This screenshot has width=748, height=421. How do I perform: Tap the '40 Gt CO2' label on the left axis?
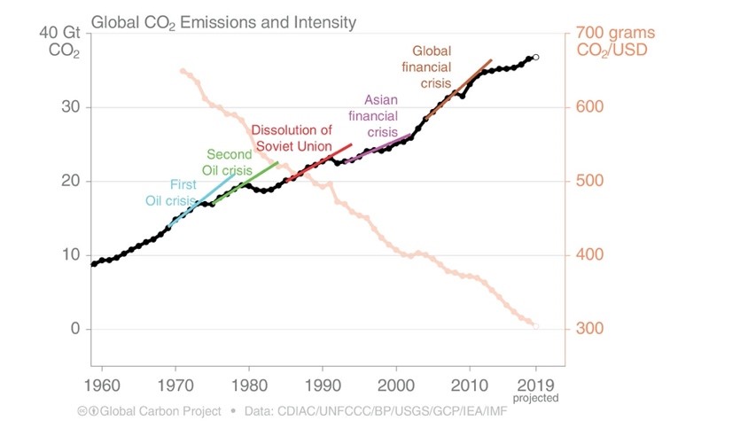[x=59, y=42]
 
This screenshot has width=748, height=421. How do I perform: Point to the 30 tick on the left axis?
[x=70, y=107]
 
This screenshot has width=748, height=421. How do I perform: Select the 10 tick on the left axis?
[x=70, y=254]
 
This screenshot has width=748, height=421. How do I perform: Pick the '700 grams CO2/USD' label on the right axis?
[x=612, y=42]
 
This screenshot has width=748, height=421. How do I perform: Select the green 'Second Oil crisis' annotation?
[x=230, y=161]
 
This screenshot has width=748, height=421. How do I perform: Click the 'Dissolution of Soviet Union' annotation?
[x=292, y=138]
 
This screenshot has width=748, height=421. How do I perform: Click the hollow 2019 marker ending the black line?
[x=535, y=57]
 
